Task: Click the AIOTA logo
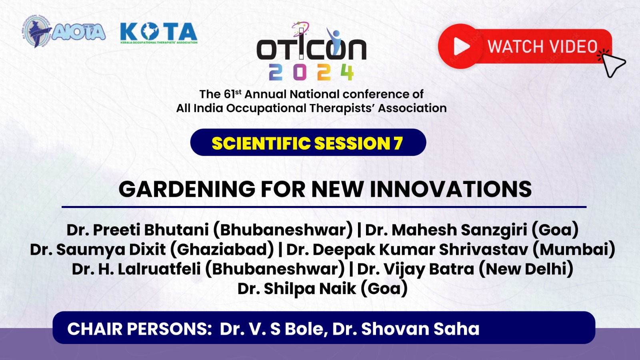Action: click(x=64, y=32)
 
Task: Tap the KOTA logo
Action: click(x=159, y=33)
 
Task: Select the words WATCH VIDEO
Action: click(x=542, y=46)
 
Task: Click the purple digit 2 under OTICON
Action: click(x=276, y=72)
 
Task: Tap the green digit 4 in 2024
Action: click(x=347, y=72)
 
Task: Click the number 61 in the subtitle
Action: click(x=230, y=94)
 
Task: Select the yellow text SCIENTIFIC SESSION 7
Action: click(x=308, y=143)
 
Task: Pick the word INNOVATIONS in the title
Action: click(x=450, y=189)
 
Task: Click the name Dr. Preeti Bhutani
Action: click(x=138, y=230)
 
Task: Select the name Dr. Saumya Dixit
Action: click(x=98, y=250)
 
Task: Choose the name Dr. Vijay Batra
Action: click(x=416, y=269)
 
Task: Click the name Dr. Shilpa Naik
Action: click(x=297, y=288)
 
